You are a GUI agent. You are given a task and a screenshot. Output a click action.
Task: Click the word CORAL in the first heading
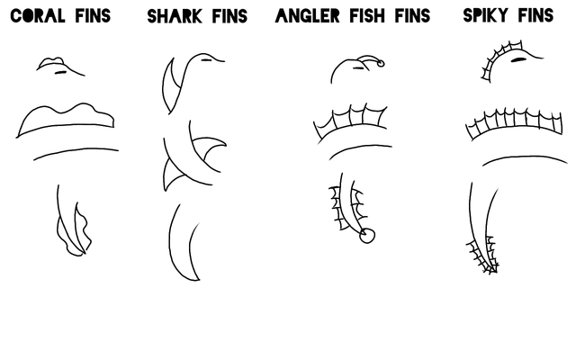point(38,16)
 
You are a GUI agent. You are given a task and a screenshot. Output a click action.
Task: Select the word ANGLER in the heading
point(308,16)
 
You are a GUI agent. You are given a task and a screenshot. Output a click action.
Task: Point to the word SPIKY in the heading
point(486,15)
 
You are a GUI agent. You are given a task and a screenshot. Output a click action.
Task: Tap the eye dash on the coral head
point(60,72)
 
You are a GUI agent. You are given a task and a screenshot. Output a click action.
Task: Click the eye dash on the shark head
point(206,59)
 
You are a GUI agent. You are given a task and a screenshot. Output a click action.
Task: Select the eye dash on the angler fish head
point(358,67)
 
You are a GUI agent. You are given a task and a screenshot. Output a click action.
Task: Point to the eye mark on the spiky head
point(517,59)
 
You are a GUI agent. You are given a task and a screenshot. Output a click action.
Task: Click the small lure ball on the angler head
point(381,64)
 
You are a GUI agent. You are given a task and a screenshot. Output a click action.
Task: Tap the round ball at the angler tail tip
point(367,236)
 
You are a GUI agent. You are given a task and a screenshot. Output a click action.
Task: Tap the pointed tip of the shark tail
point(199,280)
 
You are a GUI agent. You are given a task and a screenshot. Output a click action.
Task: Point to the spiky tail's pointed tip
point(491,272)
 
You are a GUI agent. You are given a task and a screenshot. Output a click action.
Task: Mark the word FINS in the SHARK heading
point(229,16)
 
